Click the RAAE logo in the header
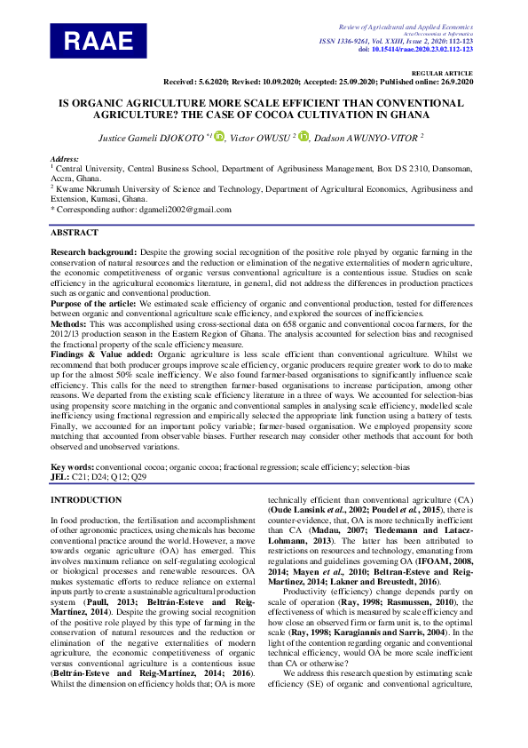coord(98,40)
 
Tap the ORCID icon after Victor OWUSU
coord(303,137)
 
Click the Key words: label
coord(72,467)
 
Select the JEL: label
coord(60,476)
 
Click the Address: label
coord(65,157)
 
